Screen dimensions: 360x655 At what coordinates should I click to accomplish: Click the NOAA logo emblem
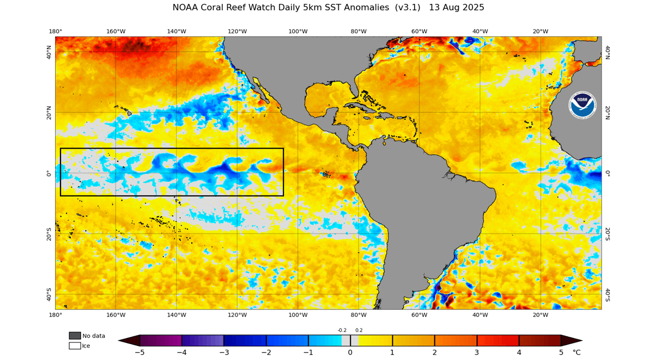[583, 105]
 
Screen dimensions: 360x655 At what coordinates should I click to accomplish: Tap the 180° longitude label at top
[55, 31]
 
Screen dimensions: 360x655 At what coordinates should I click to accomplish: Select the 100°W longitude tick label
[298, 31]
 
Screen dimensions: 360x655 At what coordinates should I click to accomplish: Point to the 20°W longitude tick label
[540, 31]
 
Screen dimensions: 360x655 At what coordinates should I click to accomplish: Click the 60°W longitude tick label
[419, 31]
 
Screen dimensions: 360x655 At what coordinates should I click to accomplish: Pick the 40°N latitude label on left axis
[49, 52]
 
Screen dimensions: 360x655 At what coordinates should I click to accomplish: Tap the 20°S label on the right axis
[608, 234]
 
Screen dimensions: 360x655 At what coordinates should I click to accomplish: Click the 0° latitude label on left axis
[49, 173]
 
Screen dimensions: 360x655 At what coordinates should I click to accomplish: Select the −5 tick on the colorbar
[140, 352]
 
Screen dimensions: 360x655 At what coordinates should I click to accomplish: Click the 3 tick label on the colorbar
[477, 352]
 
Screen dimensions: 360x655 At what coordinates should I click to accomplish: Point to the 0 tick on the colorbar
[350, 352]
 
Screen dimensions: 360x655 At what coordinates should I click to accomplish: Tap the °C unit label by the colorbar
[577, 352]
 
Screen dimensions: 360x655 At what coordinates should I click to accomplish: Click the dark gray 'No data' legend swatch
[75, 335]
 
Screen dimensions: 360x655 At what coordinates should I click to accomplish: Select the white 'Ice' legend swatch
[75, 345]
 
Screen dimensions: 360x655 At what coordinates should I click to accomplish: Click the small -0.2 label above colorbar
[342, 330]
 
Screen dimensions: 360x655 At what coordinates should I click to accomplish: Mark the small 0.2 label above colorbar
[359, 330]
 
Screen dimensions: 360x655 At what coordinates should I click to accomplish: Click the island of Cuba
[362, 108]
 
